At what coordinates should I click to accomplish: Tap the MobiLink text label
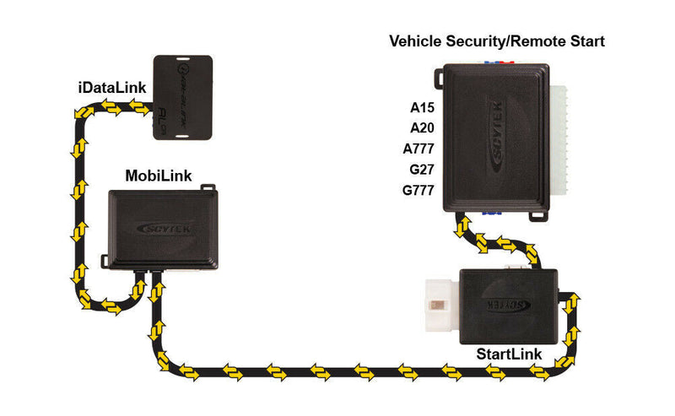point(158,176)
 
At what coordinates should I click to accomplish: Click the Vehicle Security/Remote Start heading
point(497,41)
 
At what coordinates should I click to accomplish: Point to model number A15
point(421,107)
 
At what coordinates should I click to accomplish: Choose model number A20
point(421,128)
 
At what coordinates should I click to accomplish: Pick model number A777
point(418,149)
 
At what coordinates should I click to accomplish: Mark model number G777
point(418,191)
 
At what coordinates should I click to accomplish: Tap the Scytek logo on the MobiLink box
point(164,226)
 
